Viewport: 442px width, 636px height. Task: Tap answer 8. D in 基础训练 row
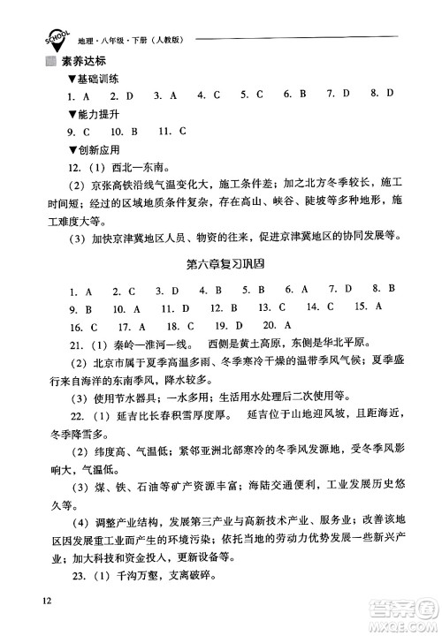(384, 93)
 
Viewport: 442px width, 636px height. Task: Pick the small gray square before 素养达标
(50, 61)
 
